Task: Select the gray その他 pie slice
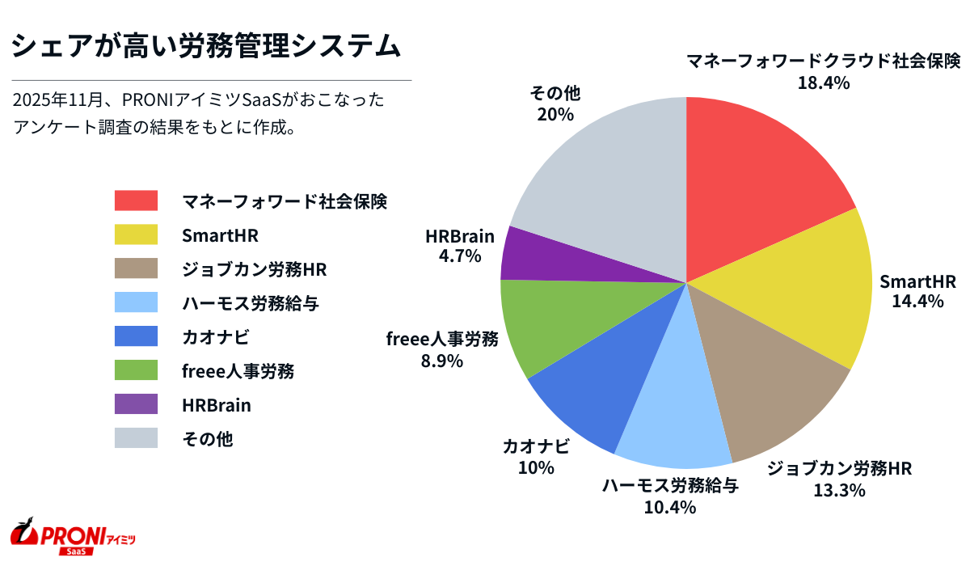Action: (x=606, y=178)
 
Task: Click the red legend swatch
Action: (x=136, y=201)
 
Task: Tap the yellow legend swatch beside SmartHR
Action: (x=136, y=234)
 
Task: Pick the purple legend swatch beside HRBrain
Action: (x=136, y=404)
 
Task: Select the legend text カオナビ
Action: (x=210, y=337)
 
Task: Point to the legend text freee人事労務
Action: (x=237, y=371)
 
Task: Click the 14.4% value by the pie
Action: (x=917, y=302)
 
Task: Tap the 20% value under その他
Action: (x=555, y=114)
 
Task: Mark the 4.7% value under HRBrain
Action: (x=460, y=256)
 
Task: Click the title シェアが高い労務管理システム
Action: (x=206, y=45)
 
